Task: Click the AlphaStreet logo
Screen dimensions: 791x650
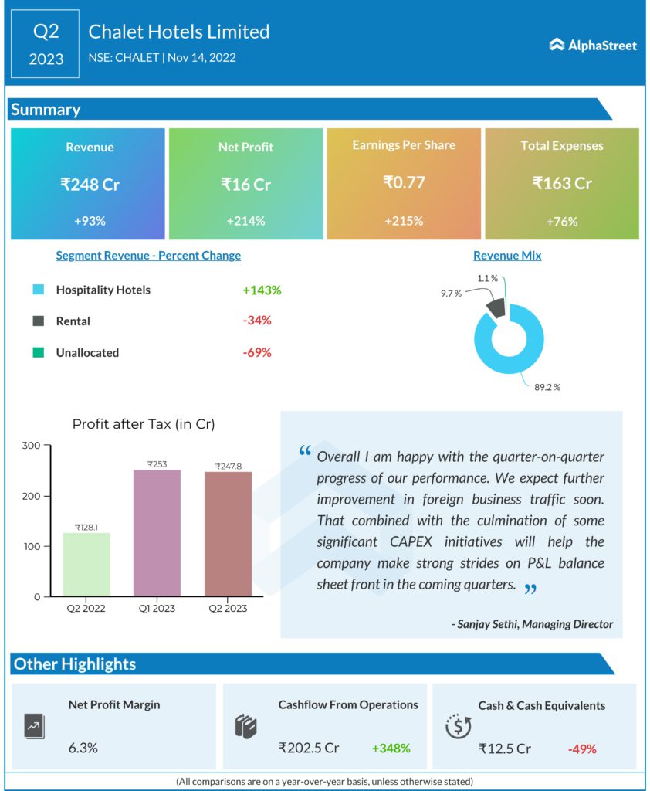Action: click(593, 46)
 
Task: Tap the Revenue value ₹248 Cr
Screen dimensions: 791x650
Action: click(90, 185)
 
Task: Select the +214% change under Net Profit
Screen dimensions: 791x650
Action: click(245, 221)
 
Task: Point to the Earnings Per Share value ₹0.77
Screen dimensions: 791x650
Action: click(404, 183)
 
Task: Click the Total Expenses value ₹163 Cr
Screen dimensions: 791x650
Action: click(562, 184)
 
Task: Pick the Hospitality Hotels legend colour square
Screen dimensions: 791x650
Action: click(38, 290)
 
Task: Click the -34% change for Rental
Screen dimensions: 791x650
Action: click(256, 321)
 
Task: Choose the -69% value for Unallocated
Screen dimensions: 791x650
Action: click(256, 352)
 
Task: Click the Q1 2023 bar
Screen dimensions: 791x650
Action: click(158, 533)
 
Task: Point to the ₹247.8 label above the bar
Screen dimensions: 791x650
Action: click(227, 467)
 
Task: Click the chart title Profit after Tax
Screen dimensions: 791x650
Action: click(144, 424)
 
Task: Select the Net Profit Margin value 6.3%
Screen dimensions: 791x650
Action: click(83, 749)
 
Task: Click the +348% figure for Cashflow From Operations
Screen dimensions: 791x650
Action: click(391, 749)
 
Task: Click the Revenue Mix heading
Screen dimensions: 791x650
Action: click(507, 256)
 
